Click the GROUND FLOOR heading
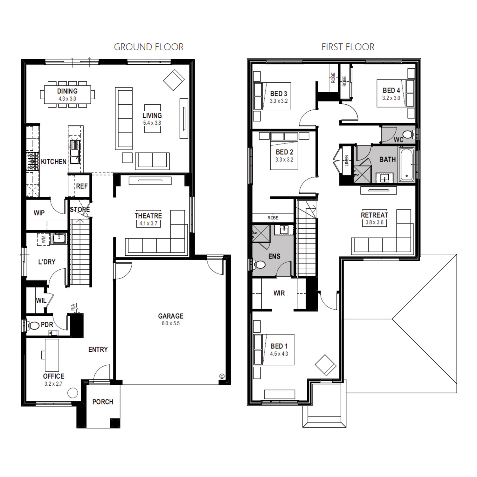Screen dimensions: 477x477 [x=149, y=47]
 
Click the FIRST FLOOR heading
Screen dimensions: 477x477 [x=348, y=47]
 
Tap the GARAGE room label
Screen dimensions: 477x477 [x=171, y=316]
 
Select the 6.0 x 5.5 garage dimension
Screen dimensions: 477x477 [x=171, y=323]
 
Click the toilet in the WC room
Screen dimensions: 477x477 [x=408, y=134]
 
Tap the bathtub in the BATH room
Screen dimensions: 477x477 [x=407, y=164]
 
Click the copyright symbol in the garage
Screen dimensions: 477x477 [x=222, y=376]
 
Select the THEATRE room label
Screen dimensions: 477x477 [x=148, y=216]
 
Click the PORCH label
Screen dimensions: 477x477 [x=103, y=402]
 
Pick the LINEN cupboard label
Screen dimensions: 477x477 [x=347, y=161]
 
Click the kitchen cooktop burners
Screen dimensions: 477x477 [x=32, y=162]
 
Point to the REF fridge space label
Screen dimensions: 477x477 [x=82, y=186]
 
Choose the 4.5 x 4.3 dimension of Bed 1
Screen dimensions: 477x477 [x=279, y=354]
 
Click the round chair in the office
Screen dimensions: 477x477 [x=73, y=393]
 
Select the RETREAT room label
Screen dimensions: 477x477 [x=374, y=215]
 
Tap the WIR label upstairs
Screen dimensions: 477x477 [x=279, y=293]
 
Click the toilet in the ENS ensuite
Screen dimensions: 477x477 [x=259, y=264]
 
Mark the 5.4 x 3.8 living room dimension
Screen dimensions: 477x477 [x=152, y=123]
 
